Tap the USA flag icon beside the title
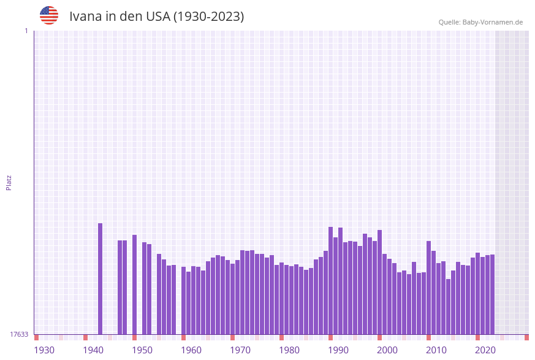coord(49,15)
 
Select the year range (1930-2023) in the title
coord(208,17)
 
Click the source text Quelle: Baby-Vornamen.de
coord(480,22)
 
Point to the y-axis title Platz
coord(9,182)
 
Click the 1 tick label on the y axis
coord(26,31)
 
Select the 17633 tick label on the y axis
coord(19,334)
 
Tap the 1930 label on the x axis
coord(44,350)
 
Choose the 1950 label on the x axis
coord(142,350)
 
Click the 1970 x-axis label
coord(240,350)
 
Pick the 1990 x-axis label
coord(338,350)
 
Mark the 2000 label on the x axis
coord(387,350)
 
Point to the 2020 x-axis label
coord(485,350)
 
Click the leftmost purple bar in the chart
coord(101,279)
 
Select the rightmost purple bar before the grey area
coord(492,294)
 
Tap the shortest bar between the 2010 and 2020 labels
coord(448,307)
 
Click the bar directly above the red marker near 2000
coord(379,282)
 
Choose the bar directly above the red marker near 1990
coord(330,281)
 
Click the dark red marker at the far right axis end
coord(526,337)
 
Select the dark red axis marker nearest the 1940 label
coord(85,337)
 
